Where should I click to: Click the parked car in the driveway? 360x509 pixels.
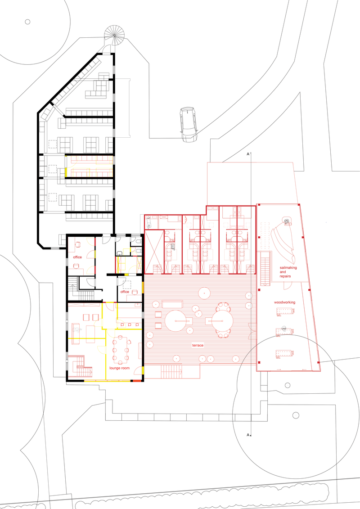[x=188, y=124]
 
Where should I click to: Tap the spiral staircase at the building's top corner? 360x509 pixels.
[x=116, y=35]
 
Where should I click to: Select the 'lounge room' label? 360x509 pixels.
[x=119, y=368]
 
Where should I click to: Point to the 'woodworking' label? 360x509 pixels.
[x=284, y=302]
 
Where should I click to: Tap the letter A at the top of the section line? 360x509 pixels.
[x=247, y=154]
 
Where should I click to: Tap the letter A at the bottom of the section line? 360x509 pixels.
[x=247, y=435]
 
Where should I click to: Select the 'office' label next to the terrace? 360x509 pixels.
[x=125, y=292]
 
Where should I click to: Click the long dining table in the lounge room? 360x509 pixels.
[x=120, y=348]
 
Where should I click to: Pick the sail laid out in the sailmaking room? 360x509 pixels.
[x=283, y=245]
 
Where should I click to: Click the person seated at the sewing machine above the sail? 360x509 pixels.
[x=286, y=221]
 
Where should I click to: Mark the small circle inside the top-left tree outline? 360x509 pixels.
[x=27, y=21]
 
